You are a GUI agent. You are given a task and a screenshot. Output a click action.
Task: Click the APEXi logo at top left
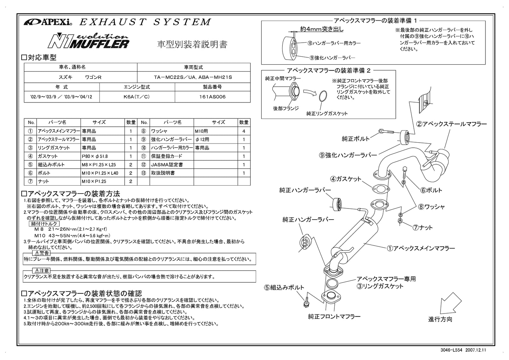[x=48, y=22]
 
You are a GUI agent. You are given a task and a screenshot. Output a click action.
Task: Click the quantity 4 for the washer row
[x=244, y=131]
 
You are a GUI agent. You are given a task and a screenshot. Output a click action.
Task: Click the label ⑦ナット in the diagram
[x=423, y=228]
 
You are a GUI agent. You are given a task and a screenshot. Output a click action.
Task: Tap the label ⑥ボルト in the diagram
[x=431, y=190]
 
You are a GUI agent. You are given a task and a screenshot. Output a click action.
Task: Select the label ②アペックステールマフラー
[x=451, y=124]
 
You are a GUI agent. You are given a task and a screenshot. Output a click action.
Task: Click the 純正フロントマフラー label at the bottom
[x=334, y=317]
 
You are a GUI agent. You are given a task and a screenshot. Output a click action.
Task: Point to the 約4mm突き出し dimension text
[x=322, y=29]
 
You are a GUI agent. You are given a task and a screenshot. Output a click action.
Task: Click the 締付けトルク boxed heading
[x=45, y=224]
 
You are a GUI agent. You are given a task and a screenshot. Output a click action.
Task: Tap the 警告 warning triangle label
[x=42, y=253]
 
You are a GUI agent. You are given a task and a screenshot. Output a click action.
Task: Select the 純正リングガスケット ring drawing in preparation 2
[x=323, y=95]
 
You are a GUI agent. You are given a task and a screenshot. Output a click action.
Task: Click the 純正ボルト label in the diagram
[x=356, y=139]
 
